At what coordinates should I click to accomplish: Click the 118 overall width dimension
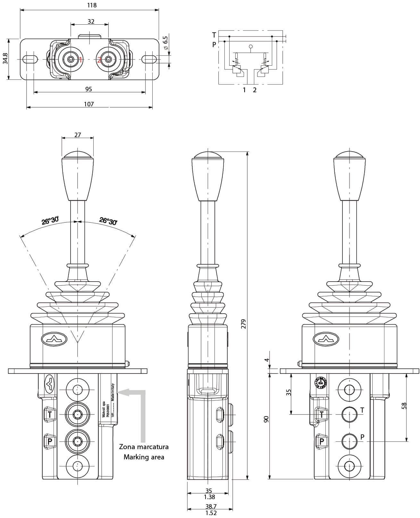(92, 5)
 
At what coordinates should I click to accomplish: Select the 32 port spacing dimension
(91, 21)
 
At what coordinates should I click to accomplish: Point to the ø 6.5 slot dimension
(165, 43)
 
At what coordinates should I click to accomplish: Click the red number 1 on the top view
(80, 60)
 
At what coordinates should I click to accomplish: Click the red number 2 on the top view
(99, 60)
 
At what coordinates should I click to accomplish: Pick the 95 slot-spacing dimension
(89, 89)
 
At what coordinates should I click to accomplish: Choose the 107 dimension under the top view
(89, 104)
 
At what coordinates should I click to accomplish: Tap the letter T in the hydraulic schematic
(214, 35)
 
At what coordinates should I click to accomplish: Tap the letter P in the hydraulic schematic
(214, 45)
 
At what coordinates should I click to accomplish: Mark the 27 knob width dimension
(78, 135)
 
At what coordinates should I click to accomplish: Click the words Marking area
(144, 457)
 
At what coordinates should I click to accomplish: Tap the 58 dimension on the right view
(404, 406)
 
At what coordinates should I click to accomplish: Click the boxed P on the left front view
(50, 441)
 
